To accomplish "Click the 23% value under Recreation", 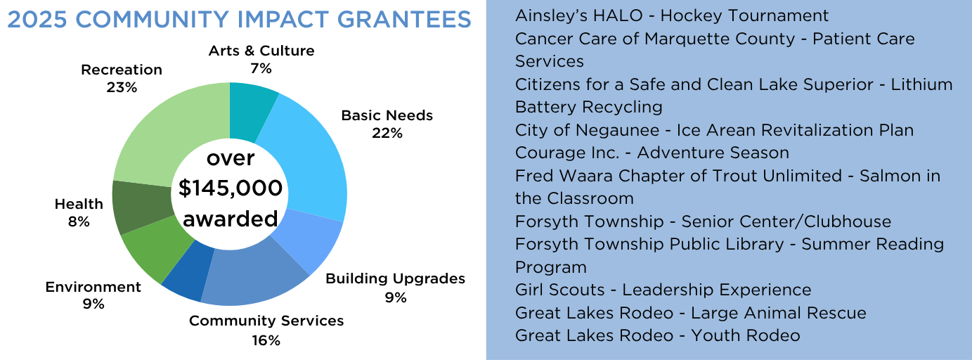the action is coord(122,88).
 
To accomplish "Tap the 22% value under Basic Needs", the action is coord(387,133).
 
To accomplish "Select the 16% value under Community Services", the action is coord(266,340).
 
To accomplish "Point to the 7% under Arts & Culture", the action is coord(261,69).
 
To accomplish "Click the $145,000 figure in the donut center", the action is coord(231,188).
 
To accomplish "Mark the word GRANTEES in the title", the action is coord(404,20).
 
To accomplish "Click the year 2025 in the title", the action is coord(37,20).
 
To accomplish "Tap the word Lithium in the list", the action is coord(921,84).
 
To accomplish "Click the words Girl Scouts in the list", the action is coord(559,290).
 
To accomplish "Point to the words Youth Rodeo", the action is coord(746,335).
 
